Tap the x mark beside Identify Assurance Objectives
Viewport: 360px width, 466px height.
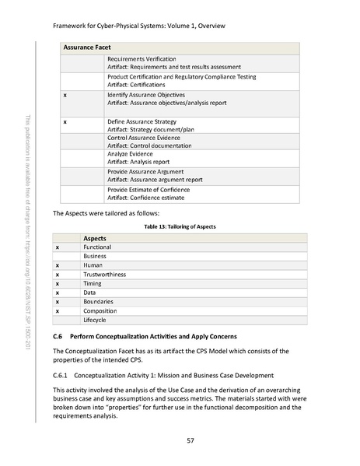pyautogui.click(x=65, y=94)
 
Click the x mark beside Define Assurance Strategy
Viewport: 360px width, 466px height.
pyautogui.click(x=65, y=121)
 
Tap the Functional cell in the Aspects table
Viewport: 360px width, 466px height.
pyautogui.click(x=98, y=247)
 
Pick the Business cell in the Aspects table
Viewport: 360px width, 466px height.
pyautogui.click(x=95, y=256)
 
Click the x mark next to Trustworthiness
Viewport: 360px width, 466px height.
pyautogui.click(x=58, y=274)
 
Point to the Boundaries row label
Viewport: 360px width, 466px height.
pyautogui.click(x=99, y=301)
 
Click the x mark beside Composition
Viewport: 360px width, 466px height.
pyautogui.click(x=58, y=310)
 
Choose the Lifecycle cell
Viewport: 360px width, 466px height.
pyautogui.click(x=96, y=320)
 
